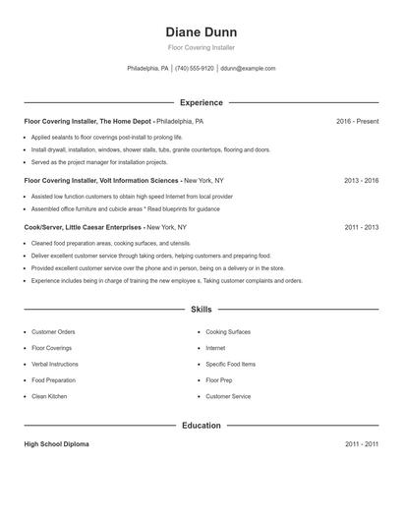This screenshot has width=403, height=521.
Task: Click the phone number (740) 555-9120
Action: pos(195,69)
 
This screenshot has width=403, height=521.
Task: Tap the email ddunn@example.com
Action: pos(248,69)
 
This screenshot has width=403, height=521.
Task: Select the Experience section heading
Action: pos(201,102)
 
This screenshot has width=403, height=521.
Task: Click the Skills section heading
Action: pos(201,309)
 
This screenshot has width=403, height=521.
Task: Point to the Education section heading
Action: pos(201,426)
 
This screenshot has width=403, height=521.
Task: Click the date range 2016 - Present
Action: pos(357,122)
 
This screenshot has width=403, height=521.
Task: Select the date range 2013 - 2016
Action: pos(361,181)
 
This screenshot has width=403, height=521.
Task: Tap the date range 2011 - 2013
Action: pos(361,227)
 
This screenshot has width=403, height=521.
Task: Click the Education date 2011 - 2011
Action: pos(361,444)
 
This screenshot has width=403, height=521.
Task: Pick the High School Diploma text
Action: pos(56,444)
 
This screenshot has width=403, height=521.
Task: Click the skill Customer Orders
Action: pos(53,332)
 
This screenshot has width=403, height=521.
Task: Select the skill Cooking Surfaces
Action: pos(228,332)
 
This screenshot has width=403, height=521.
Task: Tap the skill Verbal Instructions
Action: pos(55,364)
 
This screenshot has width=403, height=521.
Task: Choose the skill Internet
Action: pos(215,348)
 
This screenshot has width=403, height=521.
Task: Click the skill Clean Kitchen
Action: pos(49,396)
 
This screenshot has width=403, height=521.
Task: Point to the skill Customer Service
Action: pos(228,396)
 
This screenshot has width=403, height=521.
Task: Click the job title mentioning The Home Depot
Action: pos(113,122)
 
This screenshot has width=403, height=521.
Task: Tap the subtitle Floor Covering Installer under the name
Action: pos(201,47)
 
